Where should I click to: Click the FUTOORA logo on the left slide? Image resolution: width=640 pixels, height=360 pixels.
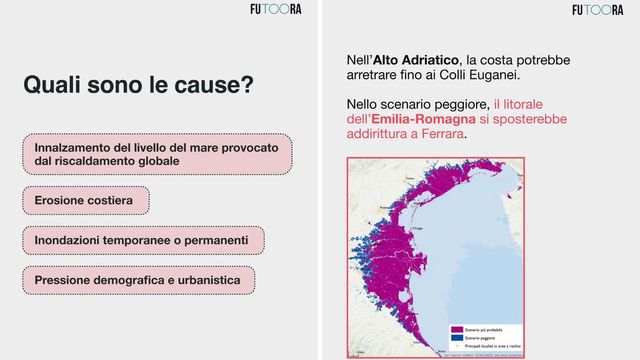[x=276, y=10]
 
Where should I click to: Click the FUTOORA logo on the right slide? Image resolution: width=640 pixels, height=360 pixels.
[x=597, y=10]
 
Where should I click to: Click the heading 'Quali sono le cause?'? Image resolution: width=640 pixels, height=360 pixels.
[x=138, y=85]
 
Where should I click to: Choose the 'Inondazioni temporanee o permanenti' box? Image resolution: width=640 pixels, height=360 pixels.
[x=142, y=241]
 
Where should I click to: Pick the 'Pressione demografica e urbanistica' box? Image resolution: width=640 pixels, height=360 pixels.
[x=138, y=281]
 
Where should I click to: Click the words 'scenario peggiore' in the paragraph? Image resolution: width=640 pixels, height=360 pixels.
[x=432, y=104]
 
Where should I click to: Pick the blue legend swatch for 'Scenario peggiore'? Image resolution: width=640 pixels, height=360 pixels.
[x=455, y=339]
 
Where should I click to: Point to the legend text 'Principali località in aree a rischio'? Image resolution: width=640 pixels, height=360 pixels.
[x=496, y=348]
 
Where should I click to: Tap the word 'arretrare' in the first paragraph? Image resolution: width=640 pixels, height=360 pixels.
[x=375, y=75]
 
